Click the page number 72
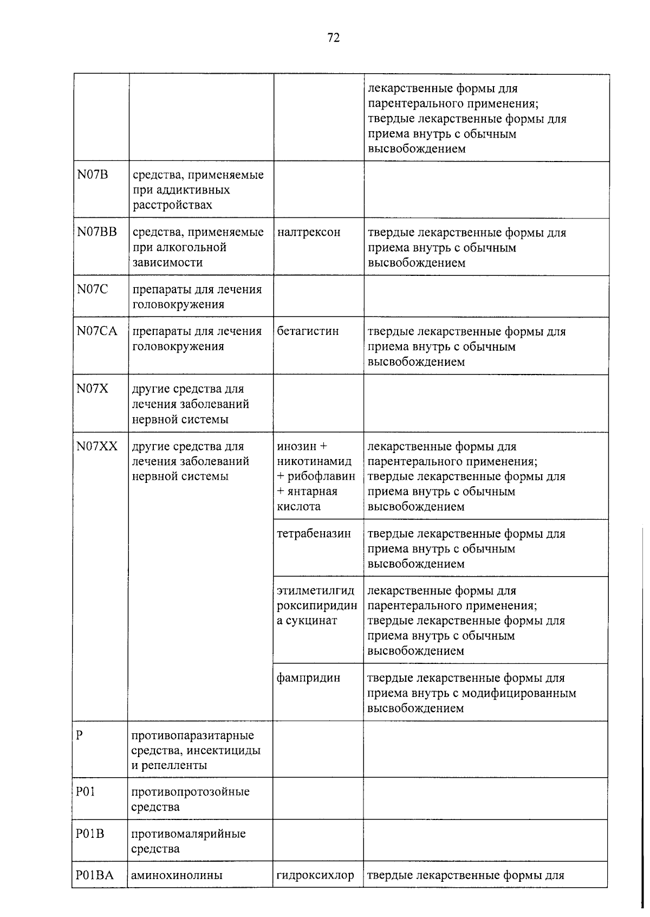click(x=333, y=37)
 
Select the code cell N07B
click(x=93, y=175)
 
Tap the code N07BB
click(x=96, y=232)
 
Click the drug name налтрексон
click(x=309, y=232)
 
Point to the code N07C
click(x=92, y=289)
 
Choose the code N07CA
click(x=96, y=331)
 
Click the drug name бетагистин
click(x=308, y=331)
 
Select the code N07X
click(x=93, y=389)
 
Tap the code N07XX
click(x=96, y=446)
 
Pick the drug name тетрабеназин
click(x=314, y=533)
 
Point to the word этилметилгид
click(x=316, y=591)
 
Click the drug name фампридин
click(x=308, y=677)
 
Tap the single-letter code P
click(x=80, y=735)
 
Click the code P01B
click(x=89, y=834)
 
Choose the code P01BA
click(x=94, y=875)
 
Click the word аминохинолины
click(x=177, y=875)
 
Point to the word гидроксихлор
click(x=315, y=875)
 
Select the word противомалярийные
click(x=188, y=834)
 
